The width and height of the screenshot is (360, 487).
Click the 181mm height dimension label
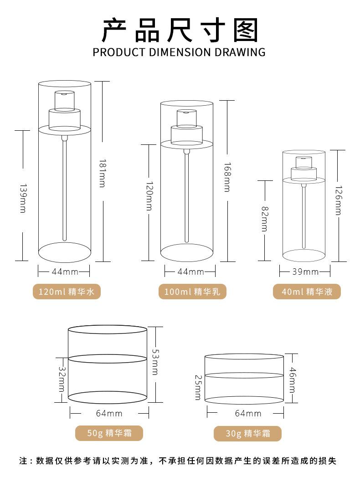(x=103, y=174)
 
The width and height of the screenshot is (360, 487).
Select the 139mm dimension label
(x=23, y=199)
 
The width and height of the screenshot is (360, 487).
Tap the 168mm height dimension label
(x=228, y=177)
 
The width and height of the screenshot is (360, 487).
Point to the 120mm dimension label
(x=149, y=196)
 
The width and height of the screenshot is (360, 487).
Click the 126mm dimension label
(x=338, y=200)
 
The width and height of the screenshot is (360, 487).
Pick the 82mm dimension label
(x=265, y=219)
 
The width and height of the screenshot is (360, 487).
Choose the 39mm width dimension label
(x=305, y=272)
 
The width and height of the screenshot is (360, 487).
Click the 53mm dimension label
(x=155, y=362)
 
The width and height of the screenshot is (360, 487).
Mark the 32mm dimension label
(x=62, y=379)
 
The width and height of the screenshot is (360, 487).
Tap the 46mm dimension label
(x=293, y=380)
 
